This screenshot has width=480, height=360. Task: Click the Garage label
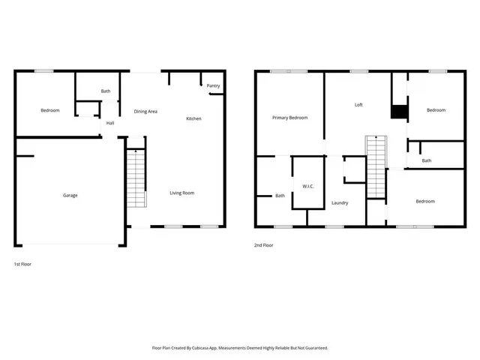(x=70, y=195)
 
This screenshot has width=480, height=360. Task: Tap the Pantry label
(x=214, y=86)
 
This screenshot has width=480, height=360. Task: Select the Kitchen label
(x=193, y=118)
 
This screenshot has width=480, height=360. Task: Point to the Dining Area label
(x=145, y=111)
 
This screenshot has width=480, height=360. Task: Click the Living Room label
(x=182, y=193)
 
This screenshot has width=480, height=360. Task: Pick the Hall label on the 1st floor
(x=110, y=123)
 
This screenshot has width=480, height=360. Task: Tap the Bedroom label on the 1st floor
(x=49, y=110)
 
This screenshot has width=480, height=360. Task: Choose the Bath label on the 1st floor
(x=106, y=91)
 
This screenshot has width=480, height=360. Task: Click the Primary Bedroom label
(x=289, y=118)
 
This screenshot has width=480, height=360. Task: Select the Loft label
(x=358, y=105)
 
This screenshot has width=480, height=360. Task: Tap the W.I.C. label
(x=307, y=186)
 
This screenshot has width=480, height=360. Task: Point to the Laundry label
(x=339, y=202)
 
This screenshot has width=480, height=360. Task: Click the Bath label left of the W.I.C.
(x=280, y=196)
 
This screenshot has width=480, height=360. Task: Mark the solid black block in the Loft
(x=399, y=112)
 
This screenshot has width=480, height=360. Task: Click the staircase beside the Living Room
(x=136, y=178)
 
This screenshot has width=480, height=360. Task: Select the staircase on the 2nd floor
(x=376, y=166)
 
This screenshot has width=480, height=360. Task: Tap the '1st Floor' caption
(x=22, y=264)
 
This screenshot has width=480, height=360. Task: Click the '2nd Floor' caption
(x=263, y=244)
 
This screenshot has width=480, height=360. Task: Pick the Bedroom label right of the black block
(x=436, y=110)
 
